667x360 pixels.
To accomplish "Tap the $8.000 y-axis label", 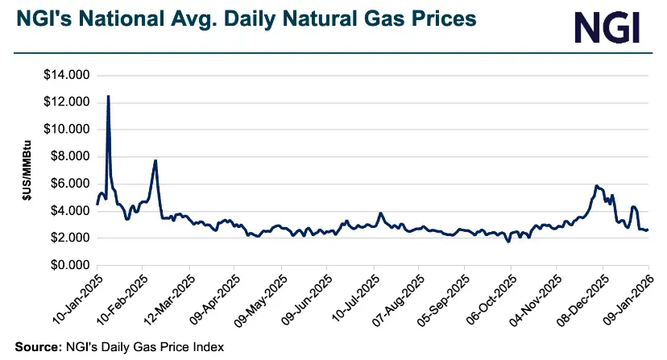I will click(x=69, y=157).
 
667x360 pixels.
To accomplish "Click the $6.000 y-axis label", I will click(x=69, y=184).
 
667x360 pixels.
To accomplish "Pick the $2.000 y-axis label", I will click(x=69, y=238).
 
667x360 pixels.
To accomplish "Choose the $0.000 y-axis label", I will click(x=69, y=265).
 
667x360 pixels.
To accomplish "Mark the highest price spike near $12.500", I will click(x=108, y=96).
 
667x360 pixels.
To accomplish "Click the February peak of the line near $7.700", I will click(x=155, y=160).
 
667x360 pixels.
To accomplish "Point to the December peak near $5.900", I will click(x=596, y=185).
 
